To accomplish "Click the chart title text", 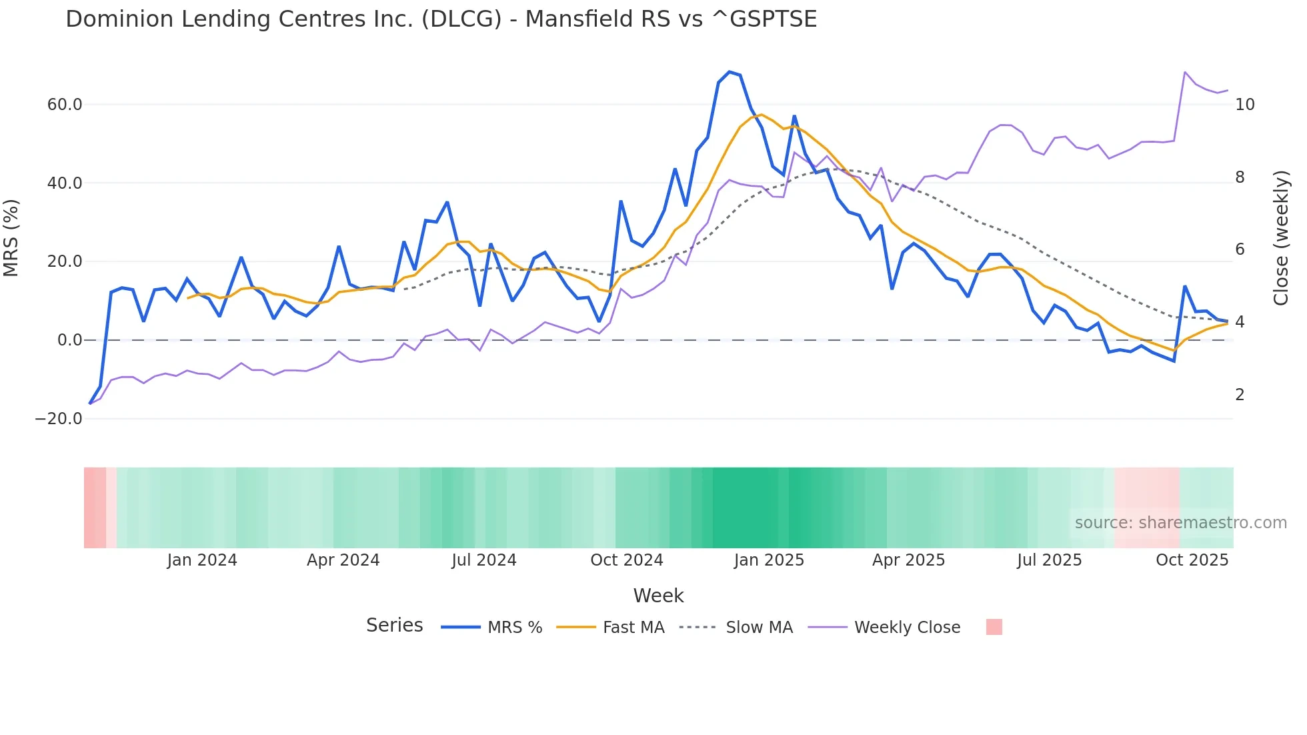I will point(441,19).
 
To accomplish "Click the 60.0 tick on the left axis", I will point(65,105).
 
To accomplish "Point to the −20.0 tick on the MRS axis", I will point(59,419).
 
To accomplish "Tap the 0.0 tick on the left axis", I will point(69,340).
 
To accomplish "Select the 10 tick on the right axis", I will point(1244,105).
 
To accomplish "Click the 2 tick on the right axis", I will point(1240,395).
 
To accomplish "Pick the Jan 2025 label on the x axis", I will point(769,560).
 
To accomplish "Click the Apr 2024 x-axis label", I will point(343,560).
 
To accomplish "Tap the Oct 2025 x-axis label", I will point(1192,560).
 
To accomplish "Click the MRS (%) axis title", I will point(11,238).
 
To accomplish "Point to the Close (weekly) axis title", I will point(1280,238).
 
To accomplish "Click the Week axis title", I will point(658,596).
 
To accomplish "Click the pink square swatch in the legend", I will point(994,627).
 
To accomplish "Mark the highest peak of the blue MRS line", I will point(730,71).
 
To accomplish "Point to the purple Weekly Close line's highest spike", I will point(1185,72).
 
